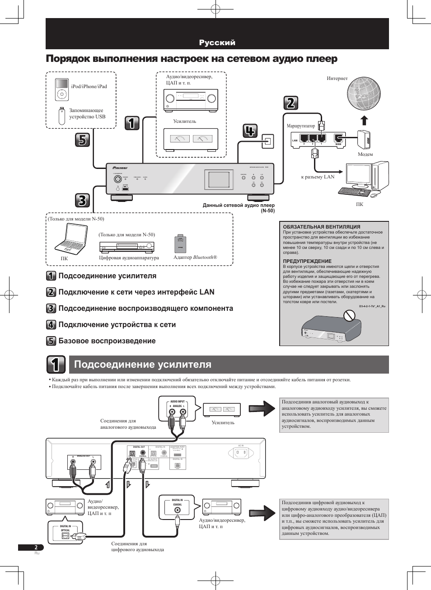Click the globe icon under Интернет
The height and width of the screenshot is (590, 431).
(x=363, y=94)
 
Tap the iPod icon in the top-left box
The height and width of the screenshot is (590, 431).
(x=61, y=89)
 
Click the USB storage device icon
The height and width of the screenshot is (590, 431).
(x=61, y=116)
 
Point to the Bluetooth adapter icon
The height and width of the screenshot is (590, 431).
(x=180, y=244)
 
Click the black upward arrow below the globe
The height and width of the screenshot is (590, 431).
(x=364, y=120)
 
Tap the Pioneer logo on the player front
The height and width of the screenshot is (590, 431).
(x=120, y=168)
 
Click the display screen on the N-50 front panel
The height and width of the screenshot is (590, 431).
(x=219, y=179)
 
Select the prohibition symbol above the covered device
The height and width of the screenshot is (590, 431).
(x=349, y=315)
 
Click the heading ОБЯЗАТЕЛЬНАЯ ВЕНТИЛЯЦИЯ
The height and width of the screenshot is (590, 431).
(x=321, y=227)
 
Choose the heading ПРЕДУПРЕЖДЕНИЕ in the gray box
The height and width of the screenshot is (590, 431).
(x=307, y=261)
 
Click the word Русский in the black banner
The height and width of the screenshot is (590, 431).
(x=217, y=42)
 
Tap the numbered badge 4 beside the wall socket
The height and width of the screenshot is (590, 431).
(x=250, y=131)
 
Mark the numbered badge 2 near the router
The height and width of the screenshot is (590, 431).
(x=291, y=103)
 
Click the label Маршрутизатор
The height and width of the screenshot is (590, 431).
(x=300, y=126)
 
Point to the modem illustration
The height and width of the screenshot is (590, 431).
(x=364, y=140)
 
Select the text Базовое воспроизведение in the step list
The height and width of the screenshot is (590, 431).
(x=107, y=341)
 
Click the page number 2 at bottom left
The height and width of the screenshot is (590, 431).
(x=36, y=548)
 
